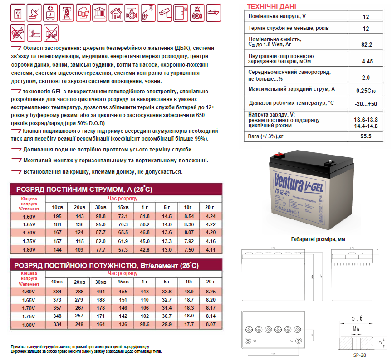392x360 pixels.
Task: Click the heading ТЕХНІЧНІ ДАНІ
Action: (x=271, y=6)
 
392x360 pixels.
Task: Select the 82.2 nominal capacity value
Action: (x=367, y=44)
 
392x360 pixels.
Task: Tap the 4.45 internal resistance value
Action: (x=367, y=61)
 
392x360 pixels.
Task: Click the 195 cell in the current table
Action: (x=58, y=217)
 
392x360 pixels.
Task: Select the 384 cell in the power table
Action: (x=58, y=292)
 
